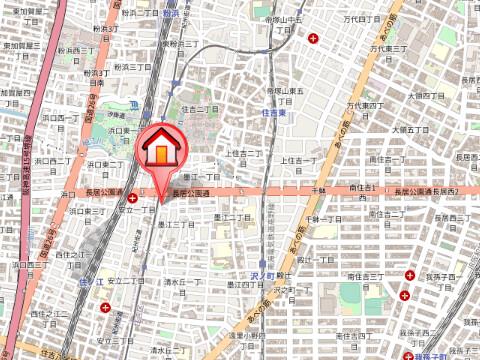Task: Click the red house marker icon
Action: [x=160, y=151]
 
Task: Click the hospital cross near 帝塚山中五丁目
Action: [x=316, y=39]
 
